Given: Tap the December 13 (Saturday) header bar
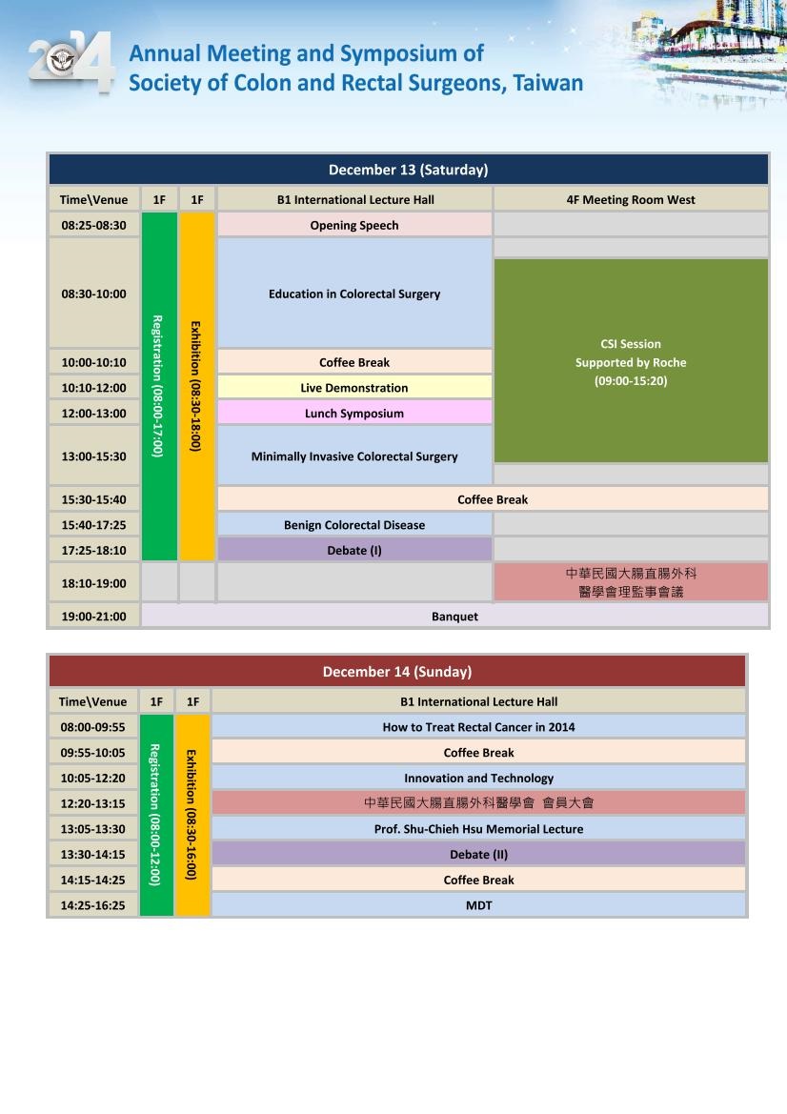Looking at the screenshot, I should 408,170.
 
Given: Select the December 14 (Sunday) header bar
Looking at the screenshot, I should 396,671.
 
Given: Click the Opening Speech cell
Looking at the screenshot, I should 354,225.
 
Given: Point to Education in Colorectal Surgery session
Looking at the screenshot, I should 354,294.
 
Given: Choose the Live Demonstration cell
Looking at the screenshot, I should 354,388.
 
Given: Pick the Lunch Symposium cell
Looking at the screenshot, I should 354,414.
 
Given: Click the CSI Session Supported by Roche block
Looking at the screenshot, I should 631,362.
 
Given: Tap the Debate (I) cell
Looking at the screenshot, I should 354,550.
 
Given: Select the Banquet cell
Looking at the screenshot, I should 454,617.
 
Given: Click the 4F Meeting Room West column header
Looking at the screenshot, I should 631,199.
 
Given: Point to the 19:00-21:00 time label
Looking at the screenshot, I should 93,617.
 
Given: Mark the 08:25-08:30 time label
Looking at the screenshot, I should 93,225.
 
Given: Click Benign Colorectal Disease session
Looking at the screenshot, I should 354,525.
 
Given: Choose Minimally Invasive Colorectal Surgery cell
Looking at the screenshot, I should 354,456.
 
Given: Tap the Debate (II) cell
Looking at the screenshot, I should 478,854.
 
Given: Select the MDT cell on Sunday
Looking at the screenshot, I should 478,905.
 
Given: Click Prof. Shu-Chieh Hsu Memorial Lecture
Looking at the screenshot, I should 478,829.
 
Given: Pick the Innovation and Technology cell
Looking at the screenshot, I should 478,778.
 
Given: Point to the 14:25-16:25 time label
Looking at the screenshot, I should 92,905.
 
